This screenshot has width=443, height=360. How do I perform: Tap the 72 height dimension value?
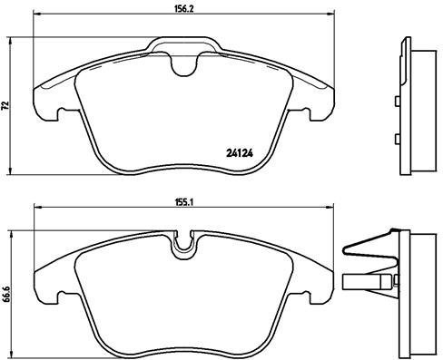click(5, 106)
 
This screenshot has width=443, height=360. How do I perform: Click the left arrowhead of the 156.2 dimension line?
click(35, 16)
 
